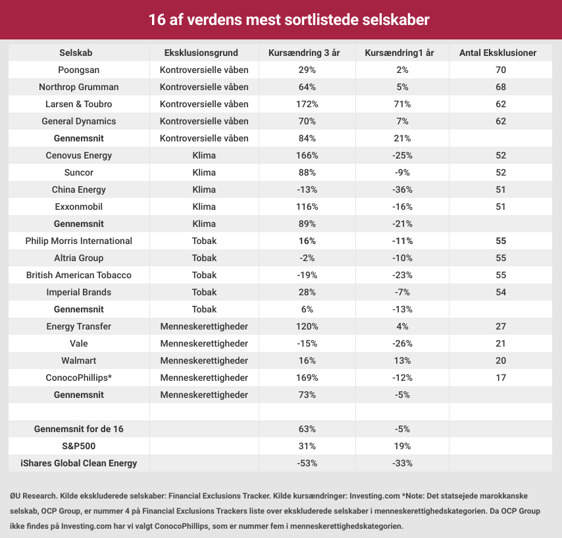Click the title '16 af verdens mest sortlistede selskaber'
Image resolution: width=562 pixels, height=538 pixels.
pyautogui.click(x=281, y=20)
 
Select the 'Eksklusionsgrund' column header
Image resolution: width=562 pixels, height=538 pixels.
pyautogui.click(x=204, y=53)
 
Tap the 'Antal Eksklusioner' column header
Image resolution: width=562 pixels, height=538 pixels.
pyautogui.click(x=500, y=53)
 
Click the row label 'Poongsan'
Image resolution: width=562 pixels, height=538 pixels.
pyautogui.click(x=79, y=70)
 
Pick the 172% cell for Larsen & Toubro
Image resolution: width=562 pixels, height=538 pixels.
pyautogui.click(x=307, y=104)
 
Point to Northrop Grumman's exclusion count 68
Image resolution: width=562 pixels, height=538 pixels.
pyautogui.click(x=500, y=87)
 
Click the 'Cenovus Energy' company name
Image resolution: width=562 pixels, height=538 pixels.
pyautogui.click(x=79, y=155)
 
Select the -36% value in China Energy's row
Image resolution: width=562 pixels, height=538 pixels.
pyautogui.click(x=401, y=189)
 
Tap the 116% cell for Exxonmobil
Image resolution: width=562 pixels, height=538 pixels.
pyautogui.click(x=307, y=207)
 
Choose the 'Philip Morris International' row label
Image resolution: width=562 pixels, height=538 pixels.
pyautogui.click(x=79, y=241)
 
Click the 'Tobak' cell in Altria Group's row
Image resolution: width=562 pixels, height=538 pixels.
pyautogui.click(x=204, y=258)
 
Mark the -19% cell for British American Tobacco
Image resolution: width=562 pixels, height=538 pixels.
pyautogui.click(x=307, y=275)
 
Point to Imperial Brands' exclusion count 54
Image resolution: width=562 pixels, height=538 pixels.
pyautogui.click(x=500, y=292)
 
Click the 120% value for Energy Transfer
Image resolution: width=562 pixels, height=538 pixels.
pyautogui.click(x=307, y=326)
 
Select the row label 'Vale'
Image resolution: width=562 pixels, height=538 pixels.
pyautogui.click(x=79, y=343)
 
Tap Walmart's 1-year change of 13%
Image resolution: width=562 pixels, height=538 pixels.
pyautogui.click(x=401, y=360)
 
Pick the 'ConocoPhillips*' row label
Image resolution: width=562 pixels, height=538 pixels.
pyautogui.click(x=79, y=378)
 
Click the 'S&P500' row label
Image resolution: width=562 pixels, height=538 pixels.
pyautogui.click(x=79, y=446)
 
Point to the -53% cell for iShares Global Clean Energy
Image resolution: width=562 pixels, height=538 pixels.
pyautogui.click(x=307, y=463)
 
